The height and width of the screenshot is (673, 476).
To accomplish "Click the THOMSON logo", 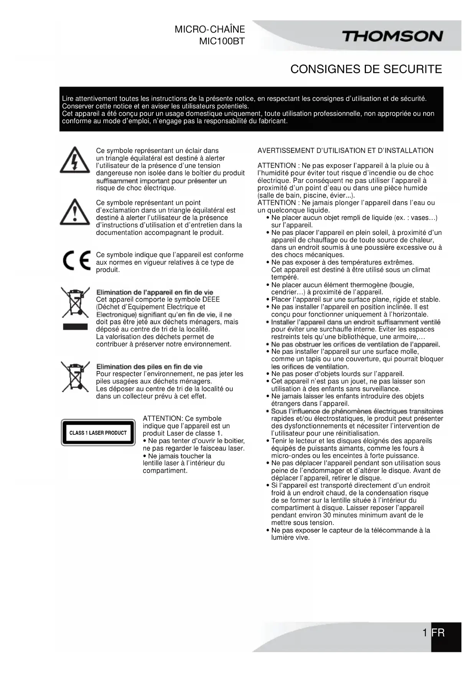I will coord(392,36).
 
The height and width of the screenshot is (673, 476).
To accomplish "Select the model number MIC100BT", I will coord(222,41).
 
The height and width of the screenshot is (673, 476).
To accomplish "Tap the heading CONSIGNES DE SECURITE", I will coord(366,69).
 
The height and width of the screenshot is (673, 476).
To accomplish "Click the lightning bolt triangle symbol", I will coord(74,161).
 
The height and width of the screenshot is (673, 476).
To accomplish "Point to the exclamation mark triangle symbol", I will coord(75,212).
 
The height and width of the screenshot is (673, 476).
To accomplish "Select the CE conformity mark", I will coord(77,261).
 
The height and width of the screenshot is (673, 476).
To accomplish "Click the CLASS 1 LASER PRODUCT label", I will coord(98,433).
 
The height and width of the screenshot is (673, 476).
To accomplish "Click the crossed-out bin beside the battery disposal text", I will coord(75,376).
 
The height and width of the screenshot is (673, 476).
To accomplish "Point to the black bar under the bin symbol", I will coord(75,327).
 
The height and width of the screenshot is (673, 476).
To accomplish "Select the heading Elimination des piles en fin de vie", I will coord(149,366).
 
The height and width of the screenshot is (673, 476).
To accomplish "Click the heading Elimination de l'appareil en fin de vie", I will coord(155,292).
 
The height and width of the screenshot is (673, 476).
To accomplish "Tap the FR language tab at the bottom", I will coord(438,633).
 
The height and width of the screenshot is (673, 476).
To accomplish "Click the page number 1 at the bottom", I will coord(425,633).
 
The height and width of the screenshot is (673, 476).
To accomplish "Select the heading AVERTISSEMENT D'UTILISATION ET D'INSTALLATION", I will coord(345,151).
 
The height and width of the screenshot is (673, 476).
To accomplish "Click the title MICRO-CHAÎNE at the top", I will coord(209,30).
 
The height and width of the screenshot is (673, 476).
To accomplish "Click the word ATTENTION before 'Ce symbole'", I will coord(161,419).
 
